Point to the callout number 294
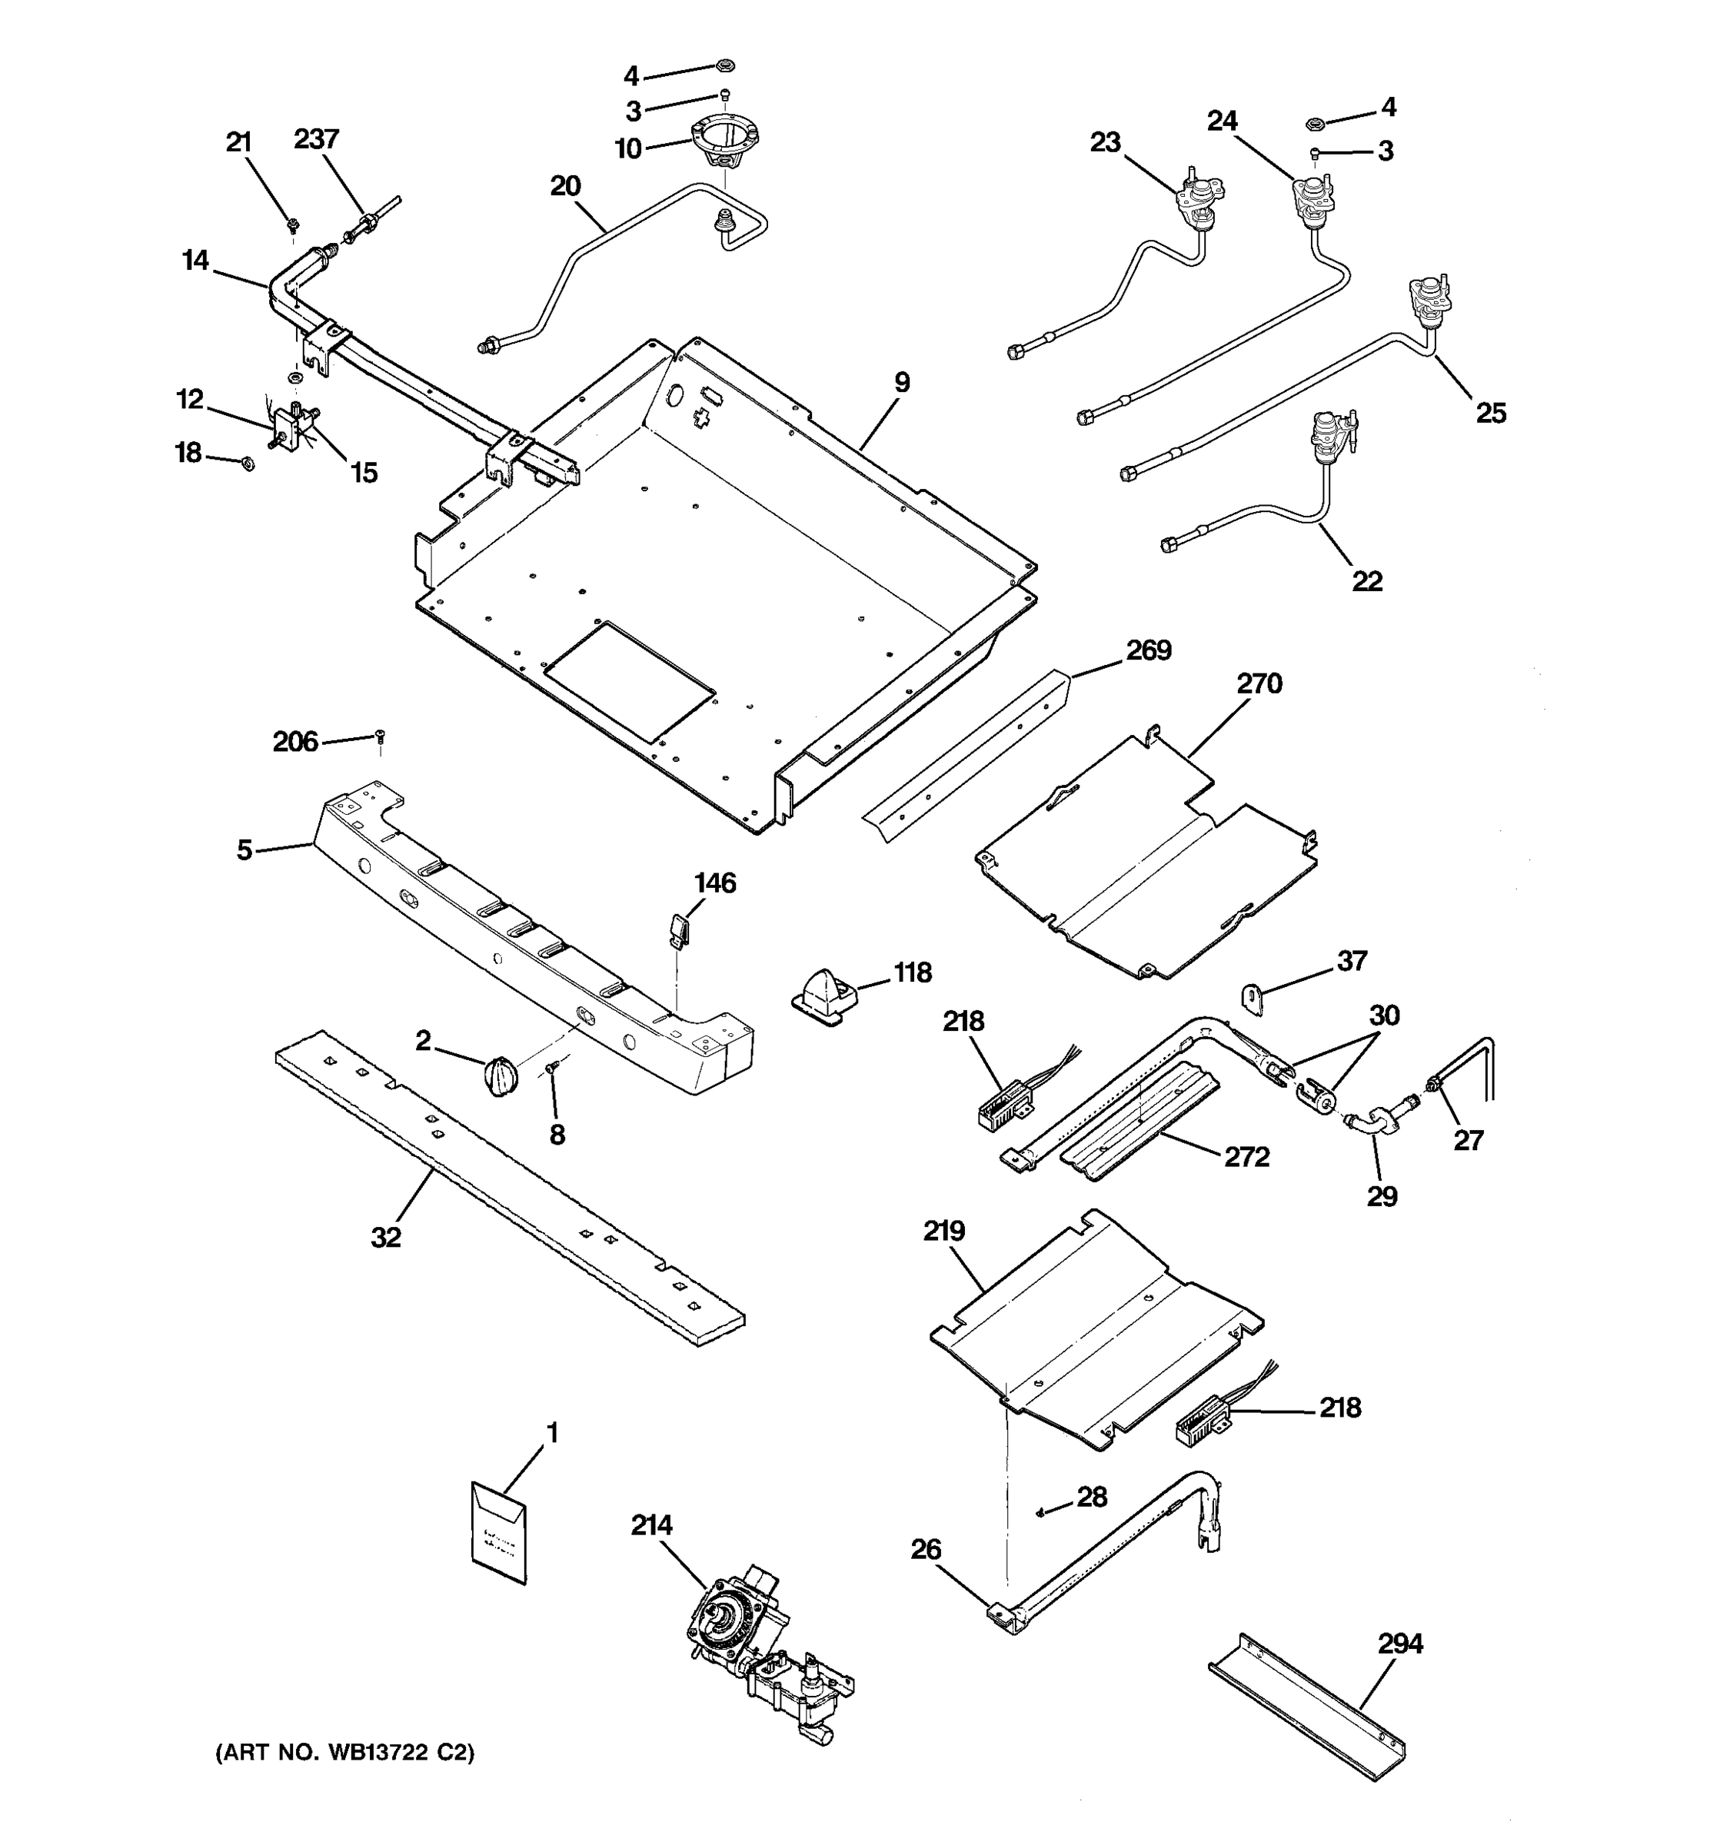[1399, 1644]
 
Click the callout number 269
[1148, 651]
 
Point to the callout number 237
[317, 139]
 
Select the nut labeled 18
[247, 462]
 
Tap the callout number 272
[1246, 1156]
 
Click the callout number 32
[386, 1237]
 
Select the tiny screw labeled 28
[1041, 1513]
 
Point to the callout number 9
[902, 382]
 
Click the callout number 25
[1491, 413]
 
